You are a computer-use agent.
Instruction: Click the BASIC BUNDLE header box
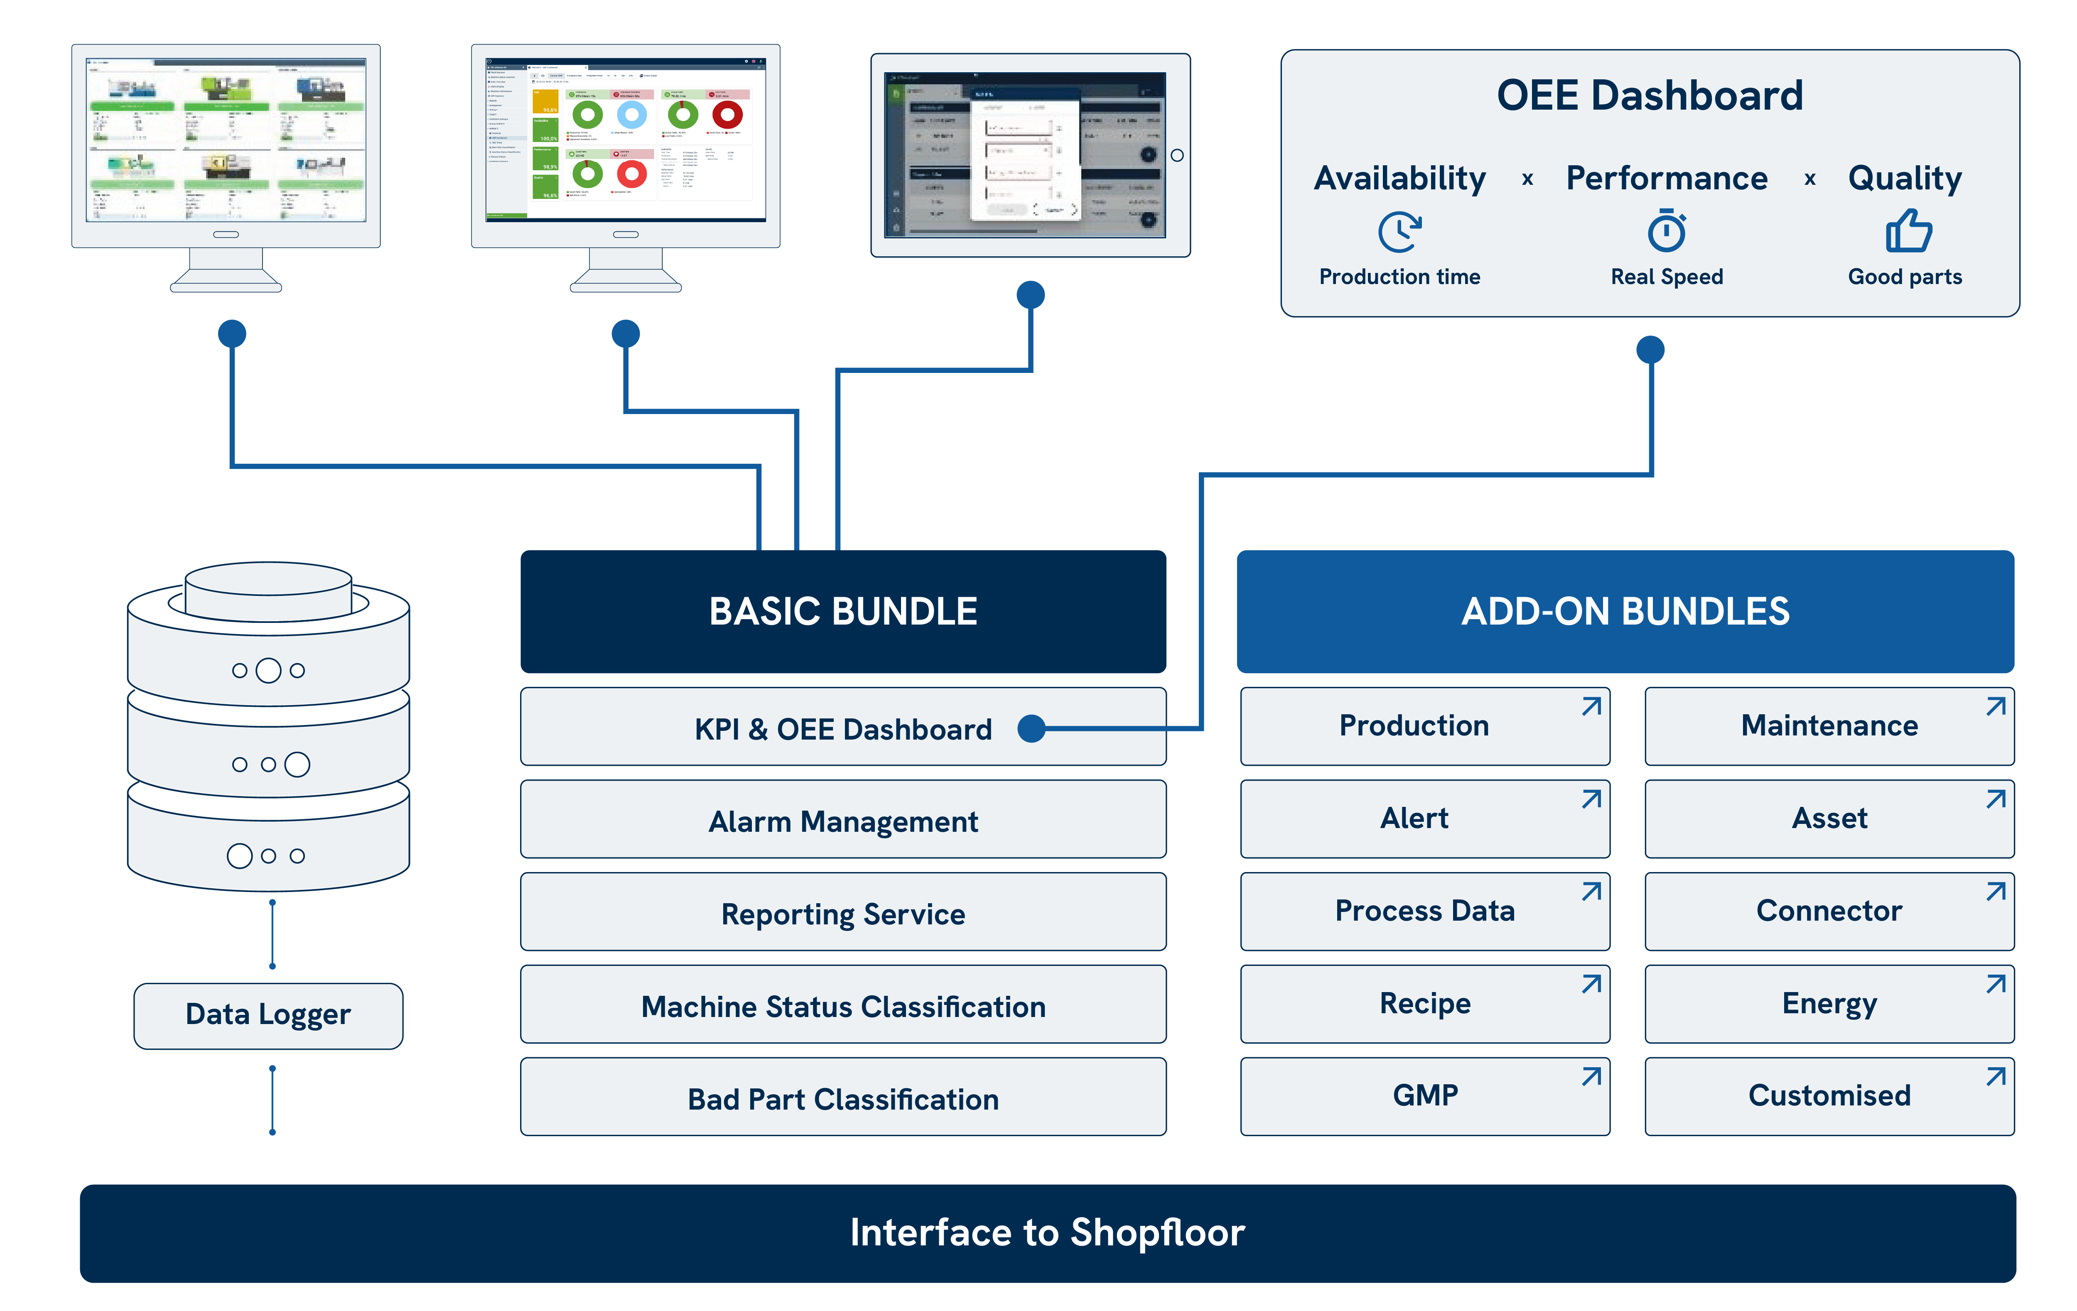tap(843, 612)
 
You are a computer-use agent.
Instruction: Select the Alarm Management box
tap(843, 820)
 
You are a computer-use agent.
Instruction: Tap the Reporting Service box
tap(843, 912)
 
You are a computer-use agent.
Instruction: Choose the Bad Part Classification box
tap(843, 1098)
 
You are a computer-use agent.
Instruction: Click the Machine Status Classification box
tap(843, 1006)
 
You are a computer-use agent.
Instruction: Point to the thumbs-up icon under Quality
tap(1908, 231)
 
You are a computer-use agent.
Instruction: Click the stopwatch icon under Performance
tap(1667, 231)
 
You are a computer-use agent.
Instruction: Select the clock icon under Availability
tap(1399, 231)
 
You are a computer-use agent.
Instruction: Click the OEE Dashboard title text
tap(1649, 95)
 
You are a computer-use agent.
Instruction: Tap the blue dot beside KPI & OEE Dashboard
tap(1031, 729)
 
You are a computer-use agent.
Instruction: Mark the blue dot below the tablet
tap(1031, 295)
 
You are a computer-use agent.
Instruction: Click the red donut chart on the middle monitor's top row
tap(727, 115)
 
